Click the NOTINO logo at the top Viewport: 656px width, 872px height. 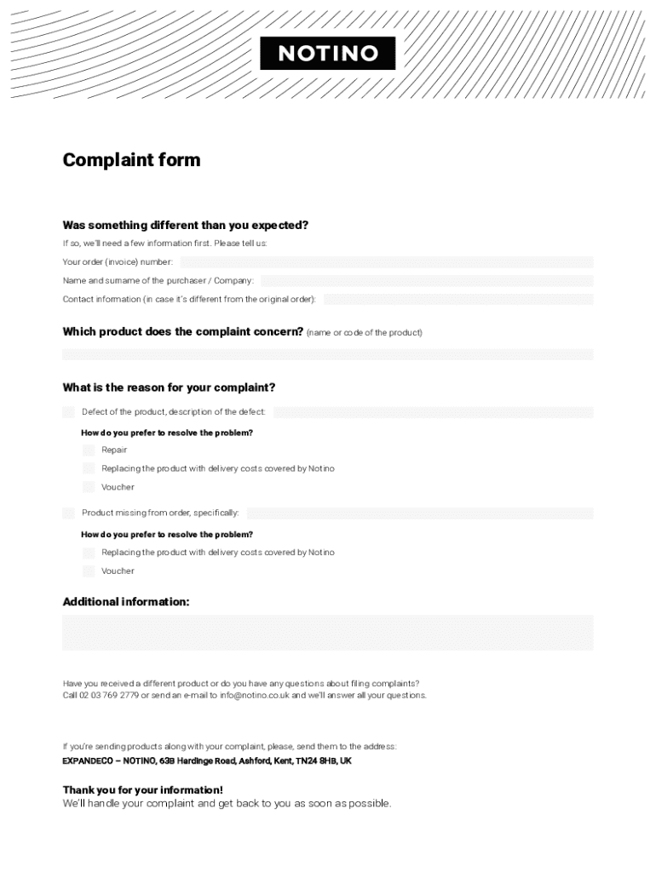pos(328,54)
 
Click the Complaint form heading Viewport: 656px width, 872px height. pos(131,160)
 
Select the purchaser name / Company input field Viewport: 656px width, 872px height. pos(427,281)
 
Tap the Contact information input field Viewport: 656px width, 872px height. pos(457,300)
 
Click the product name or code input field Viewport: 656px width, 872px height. pos(328,354)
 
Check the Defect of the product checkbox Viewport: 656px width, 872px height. pos(68,412)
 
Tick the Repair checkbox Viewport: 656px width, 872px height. pos(89,450)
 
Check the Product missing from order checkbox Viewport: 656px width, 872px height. pos(68,513)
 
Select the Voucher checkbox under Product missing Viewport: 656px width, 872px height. pos(89,571)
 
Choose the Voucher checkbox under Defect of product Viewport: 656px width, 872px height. pos(89,487)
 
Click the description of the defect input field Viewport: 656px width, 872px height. pos(433,412)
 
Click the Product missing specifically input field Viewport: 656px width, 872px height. pos(419,513)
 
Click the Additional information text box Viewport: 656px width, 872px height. pos(328,633)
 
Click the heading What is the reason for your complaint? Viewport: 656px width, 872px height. pos(169,387)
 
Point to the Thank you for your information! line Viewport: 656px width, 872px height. pos(142,790)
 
